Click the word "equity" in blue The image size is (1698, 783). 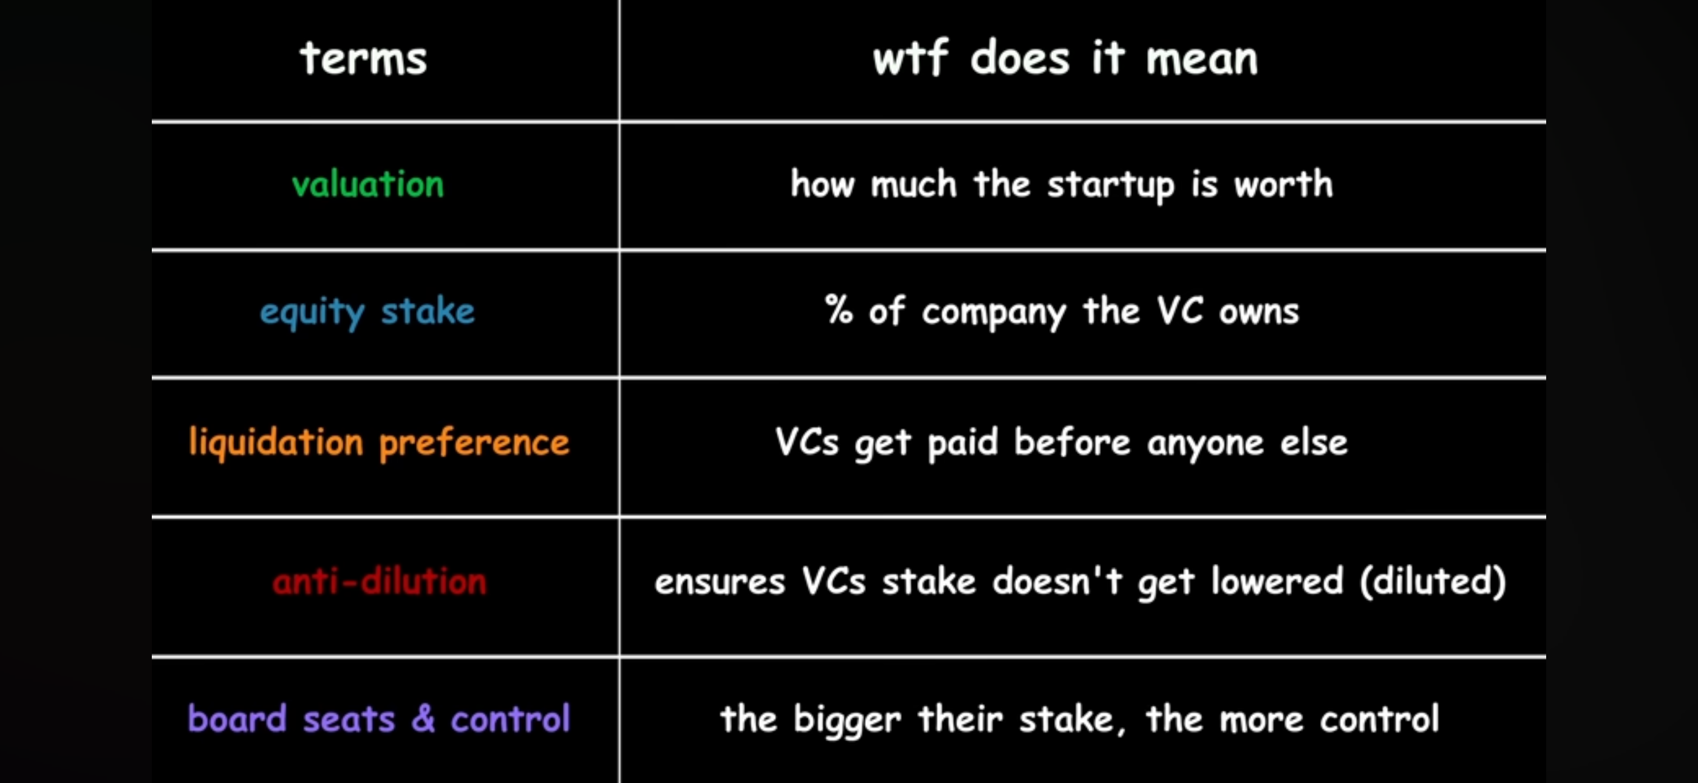[312, 312]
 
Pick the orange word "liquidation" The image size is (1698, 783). [276, 442]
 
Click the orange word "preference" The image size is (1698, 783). [474, 443]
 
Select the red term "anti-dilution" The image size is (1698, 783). [379, 581]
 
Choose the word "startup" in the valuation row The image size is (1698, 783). [1111, 185]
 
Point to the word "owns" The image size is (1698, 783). [1258, 312]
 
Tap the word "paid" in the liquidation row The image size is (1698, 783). [963, 443]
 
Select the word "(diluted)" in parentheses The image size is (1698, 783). [1433, 581]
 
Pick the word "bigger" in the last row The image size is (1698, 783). [847, 719]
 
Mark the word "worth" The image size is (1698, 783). [1283, 183]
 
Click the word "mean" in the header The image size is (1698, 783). [1202, 59]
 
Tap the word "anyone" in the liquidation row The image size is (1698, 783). [1205, 444]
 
